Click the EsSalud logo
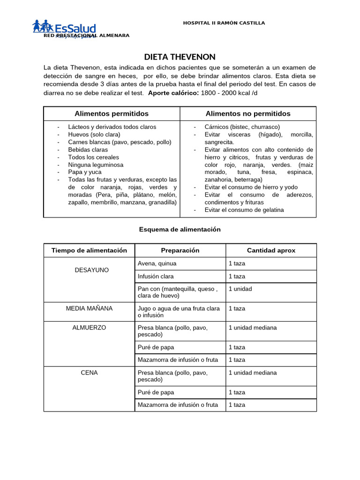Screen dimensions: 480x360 64,27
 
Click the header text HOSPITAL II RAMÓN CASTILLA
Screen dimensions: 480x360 224,23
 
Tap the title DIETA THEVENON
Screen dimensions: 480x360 180,57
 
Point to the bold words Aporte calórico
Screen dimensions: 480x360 173,93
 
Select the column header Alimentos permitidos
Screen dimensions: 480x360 112,114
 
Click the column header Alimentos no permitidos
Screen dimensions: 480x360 248,114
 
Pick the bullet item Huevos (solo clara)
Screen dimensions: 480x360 94,135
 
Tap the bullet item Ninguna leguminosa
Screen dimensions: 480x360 96,165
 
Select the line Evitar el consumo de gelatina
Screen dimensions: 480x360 244,210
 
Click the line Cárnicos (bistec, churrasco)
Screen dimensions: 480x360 242,127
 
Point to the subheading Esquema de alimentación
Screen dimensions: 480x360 180,230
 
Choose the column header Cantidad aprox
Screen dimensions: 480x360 271,250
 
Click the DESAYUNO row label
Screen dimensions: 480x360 92,270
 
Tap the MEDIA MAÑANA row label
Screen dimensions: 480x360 89,308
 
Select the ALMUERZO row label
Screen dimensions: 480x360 89,328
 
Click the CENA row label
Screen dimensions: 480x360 89,373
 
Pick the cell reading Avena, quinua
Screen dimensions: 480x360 157,263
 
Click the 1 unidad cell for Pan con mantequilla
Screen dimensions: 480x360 240,289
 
